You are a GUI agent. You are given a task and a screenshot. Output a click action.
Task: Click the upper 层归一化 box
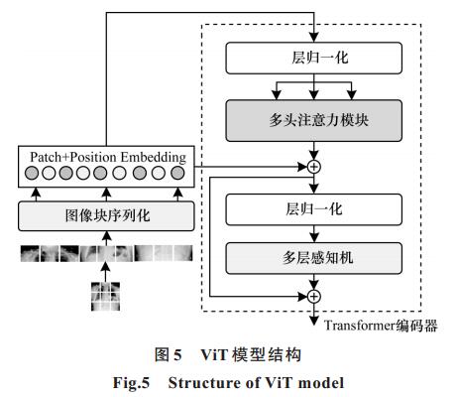[x=314, y=58]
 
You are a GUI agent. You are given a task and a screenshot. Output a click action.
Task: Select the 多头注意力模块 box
[x=314, y=120]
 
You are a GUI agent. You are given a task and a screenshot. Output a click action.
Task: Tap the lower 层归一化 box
[x=314, y=209]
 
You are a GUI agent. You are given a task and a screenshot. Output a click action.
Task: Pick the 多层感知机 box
[x=314, y=258]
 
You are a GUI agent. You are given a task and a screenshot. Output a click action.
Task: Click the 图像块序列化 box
[x=106, y=215]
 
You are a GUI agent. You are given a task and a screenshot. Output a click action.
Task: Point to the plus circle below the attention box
[x=314, y=167]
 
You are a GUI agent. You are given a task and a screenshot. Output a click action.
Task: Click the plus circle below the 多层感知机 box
[x=314, y=297]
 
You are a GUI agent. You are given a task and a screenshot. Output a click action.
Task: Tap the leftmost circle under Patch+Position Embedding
[x=32, y=173]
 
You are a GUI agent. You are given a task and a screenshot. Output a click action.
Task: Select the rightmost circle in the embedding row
[x=177, y=173]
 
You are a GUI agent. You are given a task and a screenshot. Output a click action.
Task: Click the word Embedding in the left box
[x=154, y=158]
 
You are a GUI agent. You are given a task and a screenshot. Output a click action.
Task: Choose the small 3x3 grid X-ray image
[x=105, y=297]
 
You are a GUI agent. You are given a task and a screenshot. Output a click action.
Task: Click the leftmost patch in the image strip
[x=30, y=253]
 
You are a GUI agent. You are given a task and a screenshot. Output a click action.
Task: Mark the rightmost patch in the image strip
[x=183, y=253]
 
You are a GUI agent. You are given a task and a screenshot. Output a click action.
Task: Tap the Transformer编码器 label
[x=381, y=326]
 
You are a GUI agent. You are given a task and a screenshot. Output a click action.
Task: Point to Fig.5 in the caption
[x=131, y=383]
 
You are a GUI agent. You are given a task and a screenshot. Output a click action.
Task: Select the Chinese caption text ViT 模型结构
[x=251, y=355]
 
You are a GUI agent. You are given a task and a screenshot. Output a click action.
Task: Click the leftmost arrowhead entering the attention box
[x=277, y=95]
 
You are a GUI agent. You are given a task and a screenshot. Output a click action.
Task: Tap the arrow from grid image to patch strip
[x=105, y=272]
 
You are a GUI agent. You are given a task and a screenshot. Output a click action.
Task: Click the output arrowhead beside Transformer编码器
[x=314, y=321]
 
